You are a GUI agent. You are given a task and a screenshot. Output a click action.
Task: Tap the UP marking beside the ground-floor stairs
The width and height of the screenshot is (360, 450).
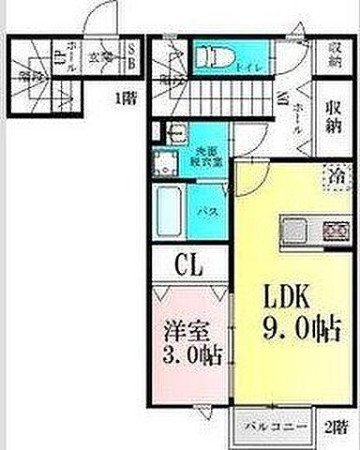tap(59, 58)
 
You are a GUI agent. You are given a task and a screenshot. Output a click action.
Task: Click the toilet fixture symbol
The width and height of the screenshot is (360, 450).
tap(211, 55)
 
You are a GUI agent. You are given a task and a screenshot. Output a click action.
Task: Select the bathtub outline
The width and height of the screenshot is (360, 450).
tap(172, 213)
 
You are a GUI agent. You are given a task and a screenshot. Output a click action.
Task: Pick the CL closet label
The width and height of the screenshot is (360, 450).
tap(187, 266)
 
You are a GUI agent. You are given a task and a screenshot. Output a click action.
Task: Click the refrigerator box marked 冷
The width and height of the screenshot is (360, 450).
tap(335, 175)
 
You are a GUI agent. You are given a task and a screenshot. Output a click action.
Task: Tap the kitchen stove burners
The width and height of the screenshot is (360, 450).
tap(334, 228)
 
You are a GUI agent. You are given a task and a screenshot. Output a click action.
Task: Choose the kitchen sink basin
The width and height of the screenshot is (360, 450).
tap(292, 228)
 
